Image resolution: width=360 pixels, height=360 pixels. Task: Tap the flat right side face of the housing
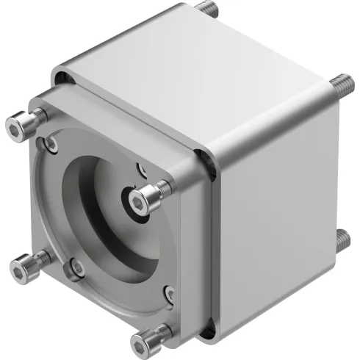(279, 220)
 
